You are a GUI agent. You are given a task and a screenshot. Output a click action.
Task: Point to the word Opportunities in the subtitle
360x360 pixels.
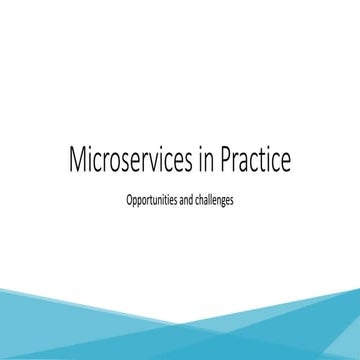pos(152,200)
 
